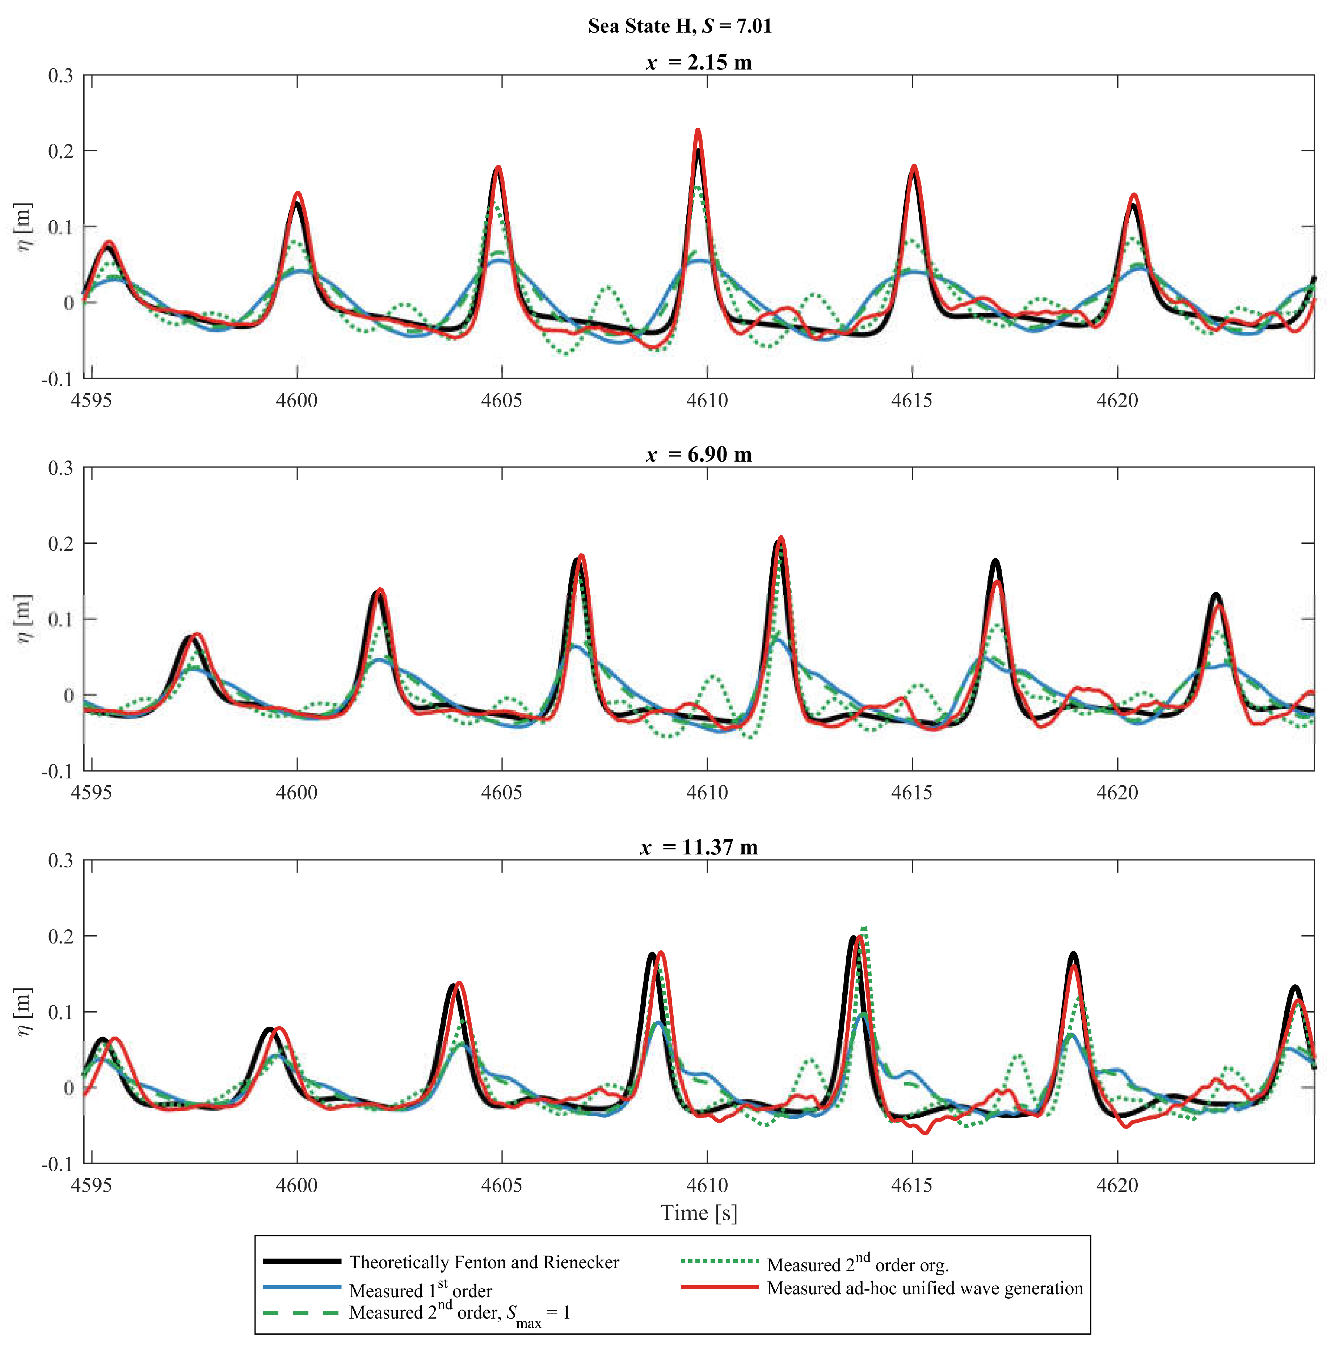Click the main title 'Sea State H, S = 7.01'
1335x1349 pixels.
[x=679, y=26]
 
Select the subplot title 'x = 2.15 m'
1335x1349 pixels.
[x=698, y=63]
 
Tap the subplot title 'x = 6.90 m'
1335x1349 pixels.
[x=698, y=455]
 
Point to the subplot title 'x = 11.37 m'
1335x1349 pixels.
[x=698, y=848]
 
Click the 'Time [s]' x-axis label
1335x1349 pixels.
[x=698, y=1213]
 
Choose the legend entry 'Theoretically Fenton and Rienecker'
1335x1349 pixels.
[x=483, y=1262]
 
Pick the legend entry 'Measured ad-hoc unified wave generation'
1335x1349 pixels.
[x=925, y=1288]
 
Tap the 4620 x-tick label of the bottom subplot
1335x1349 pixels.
[x=1117, y=1186]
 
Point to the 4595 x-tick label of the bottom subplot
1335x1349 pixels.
[x=92, y=1186]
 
